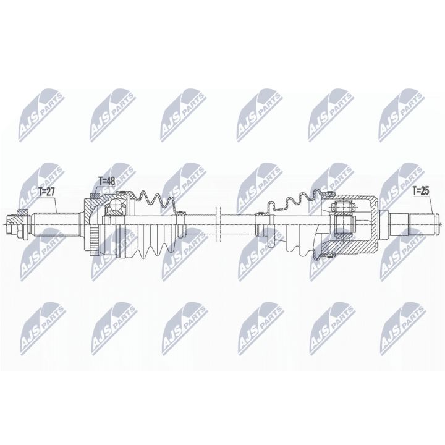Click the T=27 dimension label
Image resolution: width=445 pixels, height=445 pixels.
pos(47,192)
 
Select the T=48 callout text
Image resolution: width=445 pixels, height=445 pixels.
pos(108,181)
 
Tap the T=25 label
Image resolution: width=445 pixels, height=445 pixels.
pos(422,191)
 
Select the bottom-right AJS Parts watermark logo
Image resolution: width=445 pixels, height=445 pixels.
pos(402,324)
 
